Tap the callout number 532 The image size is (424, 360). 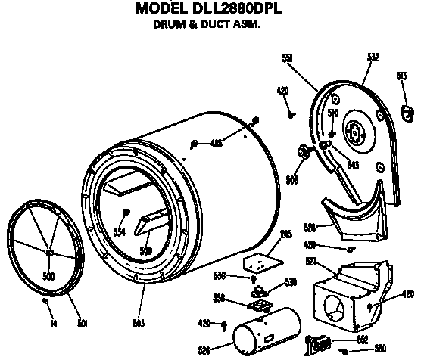click(373, 57)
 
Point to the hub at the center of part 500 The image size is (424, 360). click(48, 251)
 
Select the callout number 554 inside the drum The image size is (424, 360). click(118, 232)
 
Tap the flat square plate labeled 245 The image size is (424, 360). click(258, 261)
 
